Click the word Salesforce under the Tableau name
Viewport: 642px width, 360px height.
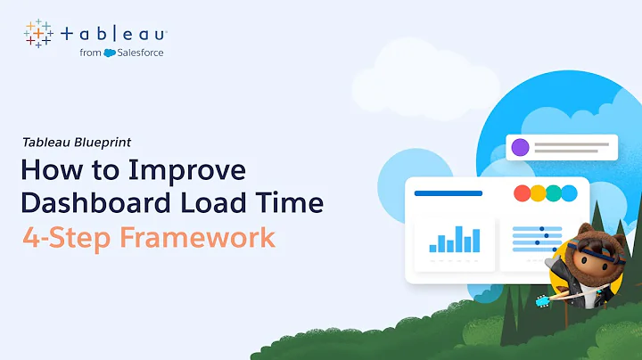[142, 53]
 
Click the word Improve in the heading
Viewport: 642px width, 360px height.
[197, 169]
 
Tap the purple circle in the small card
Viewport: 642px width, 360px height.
[520, 147]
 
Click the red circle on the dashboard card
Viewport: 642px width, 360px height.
[523, 193]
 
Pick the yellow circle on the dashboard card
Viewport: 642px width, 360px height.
[539, 193]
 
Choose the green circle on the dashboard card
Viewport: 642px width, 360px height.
[555, 193]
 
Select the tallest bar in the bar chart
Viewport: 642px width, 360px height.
[461, 238]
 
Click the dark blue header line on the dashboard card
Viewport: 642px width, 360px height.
[449, 193]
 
